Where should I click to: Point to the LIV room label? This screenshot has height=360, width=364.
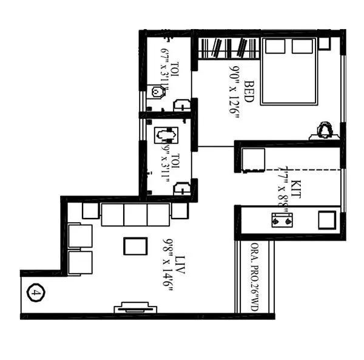point(180,268)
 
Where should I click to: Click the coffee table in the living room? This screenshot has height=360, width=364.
point(135,246)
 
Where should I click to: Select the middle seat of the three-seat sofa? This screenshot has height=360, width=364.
point(135,215)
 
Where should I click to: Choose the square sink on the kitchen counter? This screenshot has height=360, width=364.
point(328,219)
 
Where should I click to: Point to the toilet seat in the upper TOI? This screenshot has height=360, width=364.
point(160,92)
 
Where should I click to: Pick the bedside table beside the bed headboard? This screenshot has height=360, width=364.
point(324,43)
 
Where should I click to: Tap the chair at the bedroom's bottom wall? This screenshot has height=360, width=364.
point(325,130)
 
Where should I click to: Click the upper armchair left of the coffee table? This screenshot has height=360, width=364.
point(80,236)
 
